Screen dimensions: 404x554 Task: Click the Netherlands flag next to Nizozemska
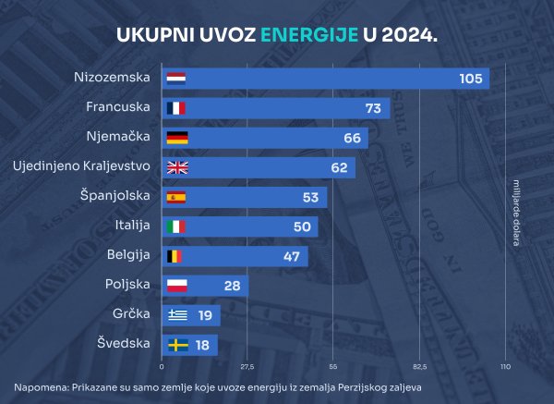coord(175,79)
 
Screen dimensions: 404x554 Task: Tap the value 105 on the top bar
coord(471,79)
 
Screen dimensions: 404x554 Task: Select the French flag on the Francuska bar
coord(175,108)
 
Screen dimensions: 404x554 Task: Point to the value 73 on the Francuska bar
coord(373,108)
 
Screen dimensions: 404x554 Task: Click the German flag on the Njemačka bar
coord(175,138)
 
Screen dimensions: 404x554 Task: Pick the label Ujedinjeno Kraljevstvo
coord(81,166)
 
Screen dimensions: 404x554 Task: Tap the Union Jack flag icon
coord(175,167)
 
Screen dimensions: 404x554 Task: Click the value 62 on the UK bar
coord(339,167)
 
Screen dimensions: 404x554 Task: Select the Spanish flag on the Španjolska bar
coord(175,197)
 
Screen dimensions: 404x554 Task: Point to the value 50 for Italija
coord(302,226)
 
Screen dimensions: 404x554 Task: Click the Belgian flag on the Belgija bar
coord(175,256)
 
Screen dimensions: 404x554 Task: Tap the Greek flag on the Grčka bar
coord(175,315)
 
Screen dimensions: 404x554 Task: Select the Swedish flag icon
coord(175,345)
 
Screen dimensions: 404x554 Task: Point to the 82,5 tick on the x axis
coord(419,368)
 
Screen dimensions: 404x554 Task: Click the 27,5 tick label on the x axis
coord(247,368)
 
